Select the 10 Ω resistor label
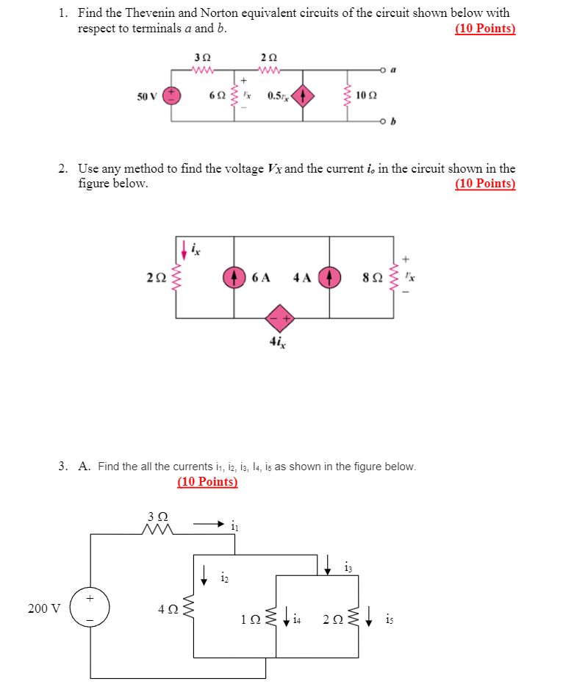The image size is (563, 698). [366, 96]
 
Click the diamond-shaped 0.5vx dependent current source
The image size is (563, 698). [304, 95]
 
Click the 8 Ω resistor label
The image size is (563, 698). [371, 278]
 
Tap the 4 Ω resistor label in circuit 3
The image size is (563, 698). [167, 608]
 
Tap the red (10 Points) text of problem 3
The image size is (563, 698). [207, 482]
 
